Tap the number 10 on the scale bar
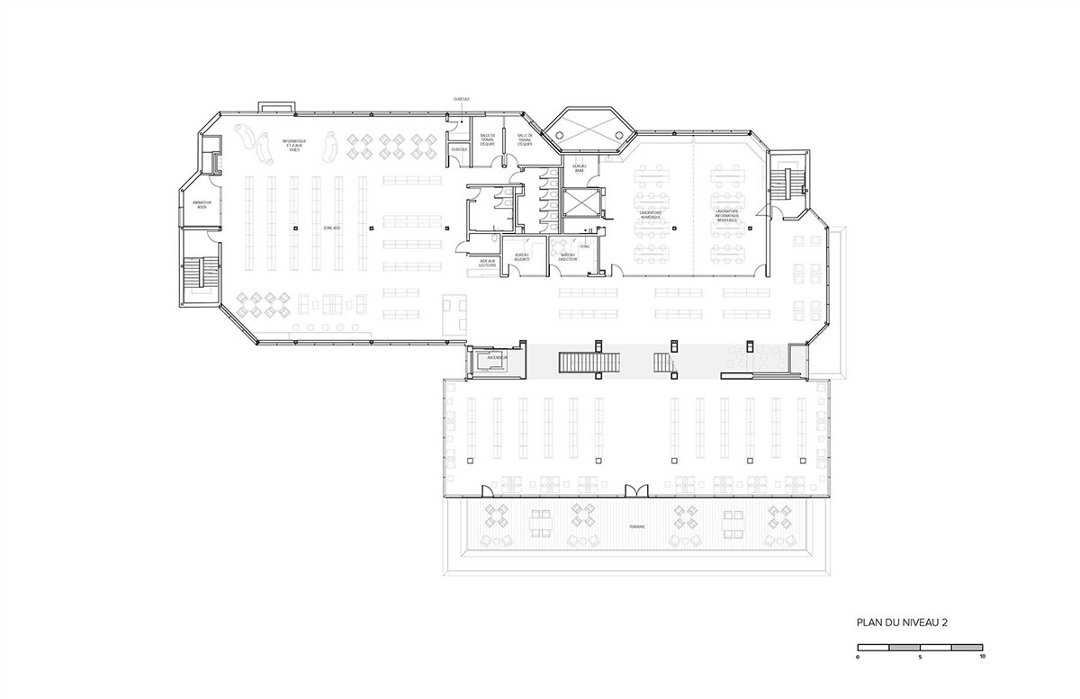982,657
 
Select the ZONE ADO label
331,229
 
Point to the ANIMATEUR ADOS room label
202,205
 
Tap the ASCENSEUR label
497,357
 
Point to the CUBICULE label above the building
461,99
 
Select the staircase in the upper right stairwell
782,184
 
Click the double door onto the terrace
636,489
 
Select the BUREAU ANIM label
580,167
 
